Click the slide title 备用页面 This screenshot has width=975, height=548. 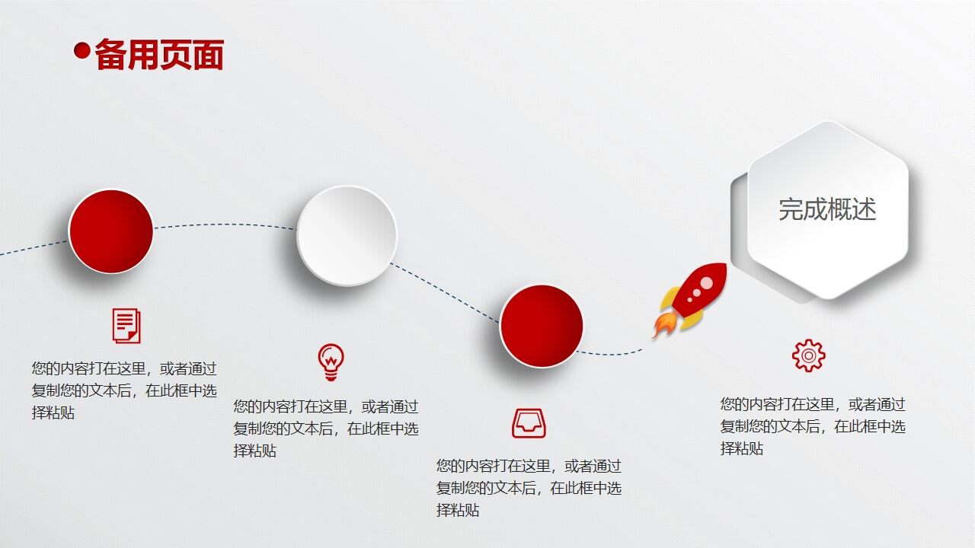coord(158,55)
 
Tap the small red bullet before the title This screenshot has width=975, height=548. coord(82,51)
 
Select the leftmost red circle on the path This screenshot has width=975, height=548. coord(111,231)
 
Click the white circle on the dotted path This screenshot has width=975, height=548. coord(347,235)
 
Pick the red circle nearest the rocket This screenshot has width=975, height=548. coord(542,326)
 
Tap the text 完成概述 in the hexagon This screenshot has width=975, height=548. coord(827,209)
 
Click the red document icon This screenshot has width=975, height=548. coord(126,326)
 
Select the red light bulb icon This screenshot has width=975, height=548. coord(331,362)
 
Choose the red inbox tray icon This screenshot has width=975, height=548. coord(529,423)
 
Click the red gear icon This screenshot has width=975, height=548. coord(808,355)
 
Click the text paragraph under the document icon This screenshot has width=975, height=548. coord(124,390)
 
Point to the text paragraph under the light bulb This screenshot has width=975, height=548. coord(325,429)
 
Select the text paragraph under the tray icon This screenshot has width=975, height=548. coord(529,488)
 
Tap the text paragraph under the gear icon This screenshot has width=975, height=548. coord(813,426)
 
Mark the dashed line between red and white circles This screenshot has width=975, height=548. coord(225,225)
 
